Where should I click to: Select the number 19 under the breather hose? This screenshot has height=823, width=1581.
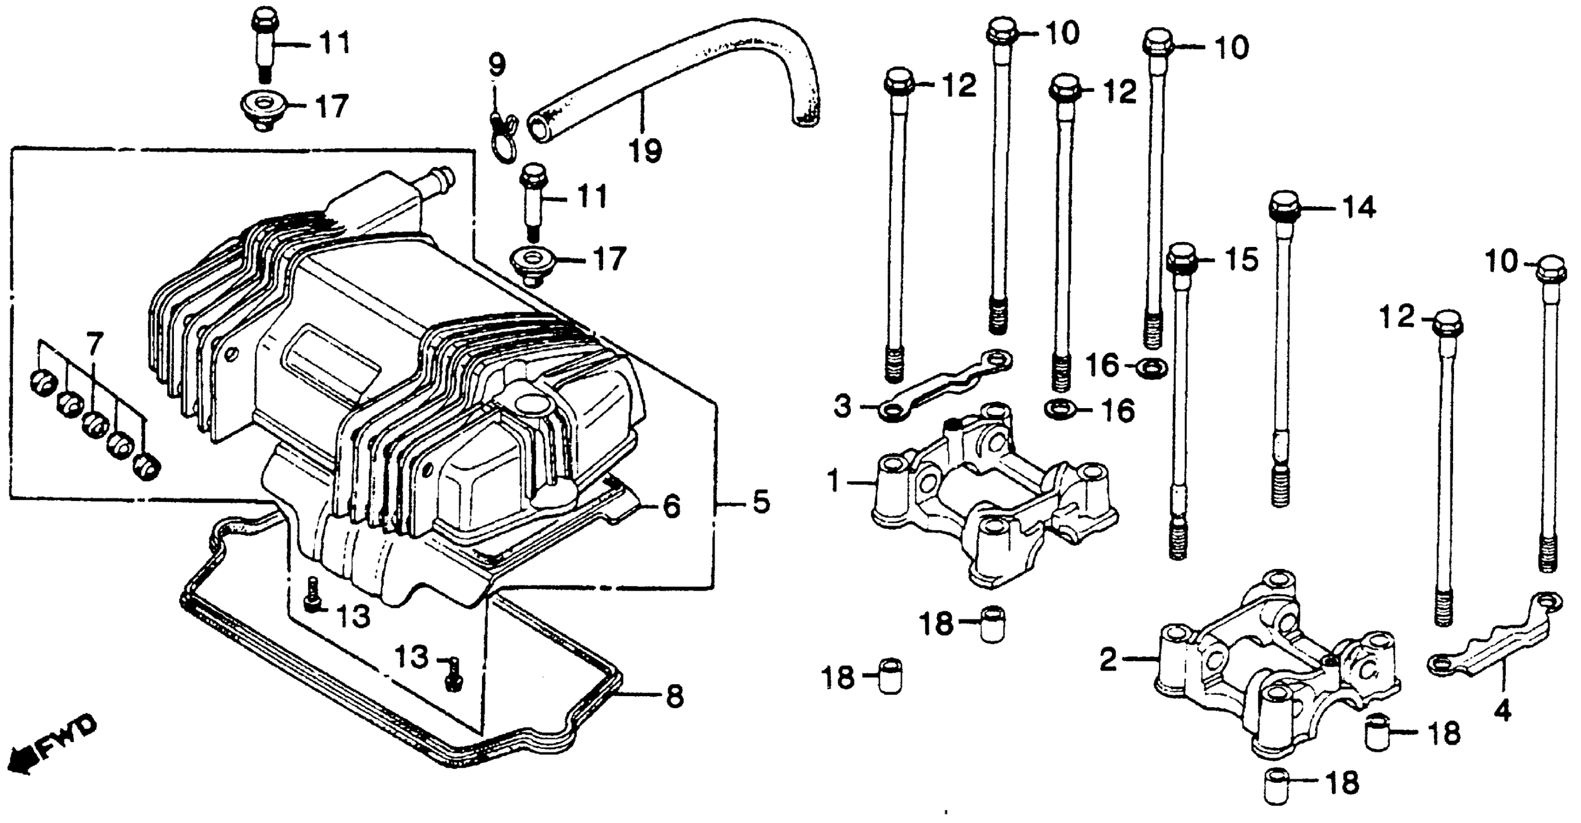[645, 150]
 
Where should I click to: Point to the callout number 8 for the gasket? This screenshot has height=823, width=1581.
[674, 696]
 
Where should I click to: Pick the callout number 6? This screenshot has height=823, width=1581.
[672, 506]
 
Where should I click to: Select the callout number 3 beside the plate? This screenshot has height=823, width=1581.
[843, 407]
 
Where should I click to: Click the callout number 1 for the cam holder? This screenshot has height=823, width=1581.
[833, 481]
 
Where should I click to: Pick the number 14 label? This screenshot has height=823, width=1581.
[1360, 209]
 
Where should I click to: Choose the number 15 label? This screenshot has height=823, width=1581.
[1242, 260]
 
